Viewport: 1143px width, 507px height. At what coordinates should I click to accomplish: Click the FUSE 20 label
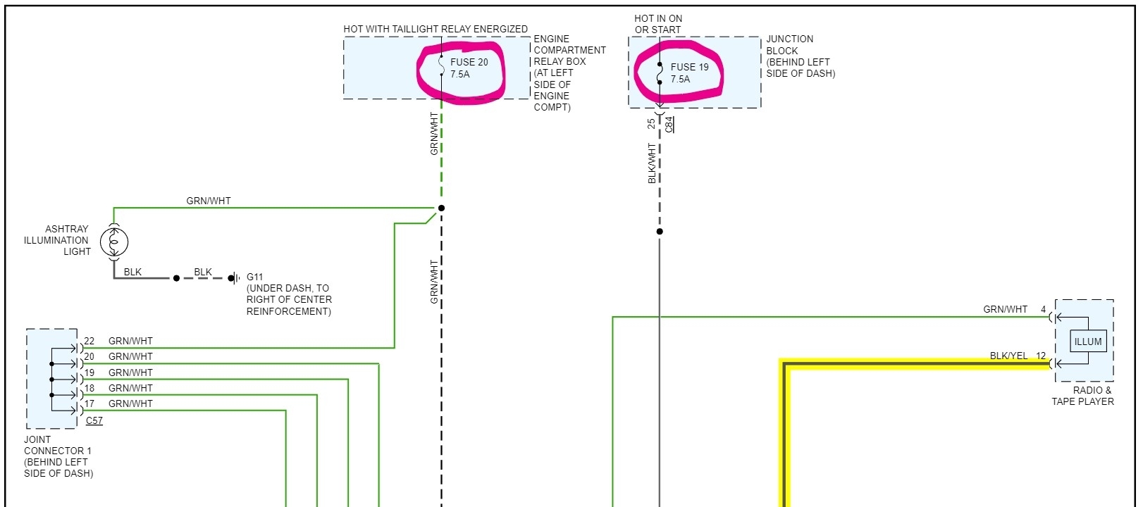click(469, 62)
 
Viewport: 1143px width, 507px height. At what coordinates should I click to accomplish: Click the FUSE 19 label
click(689, 67)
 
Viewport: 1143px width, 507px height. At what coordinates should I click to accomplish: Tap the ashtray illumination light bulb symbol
click(113, 242)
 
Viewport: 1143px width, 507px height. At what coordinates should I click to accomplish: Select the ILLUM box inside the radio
click(1087, 342)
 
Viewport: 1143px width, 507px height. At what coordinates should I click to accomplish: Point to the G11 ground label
click(254, 277)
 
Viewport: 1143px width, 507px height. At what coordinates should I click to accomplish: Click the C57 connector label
click(94, 420)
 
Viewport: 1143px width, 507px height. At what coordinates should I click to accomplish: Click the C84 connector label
click(669, 125)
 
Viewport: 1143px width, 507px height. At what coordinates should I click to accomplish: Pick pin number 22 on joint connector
click(89, 341)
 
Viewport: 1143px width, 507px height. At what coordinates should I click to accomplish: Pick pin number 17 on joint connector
click(89, 403)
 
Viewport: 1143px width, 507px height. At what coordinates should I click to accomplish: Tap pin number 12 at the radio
click(1041, 356)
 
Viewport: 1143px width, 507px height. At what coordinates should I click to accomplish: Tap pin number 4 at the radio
click(1043, 309)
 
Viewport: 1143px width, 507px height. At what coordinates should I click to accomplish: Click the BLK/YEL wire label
click(1008, 356)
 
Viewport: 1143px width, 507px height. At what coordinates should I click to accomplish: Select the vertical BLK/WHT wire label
click(652, 163)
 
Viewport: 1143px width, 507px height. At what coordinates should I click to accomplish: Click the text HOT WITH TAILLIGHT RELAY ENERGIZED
click(435, 29)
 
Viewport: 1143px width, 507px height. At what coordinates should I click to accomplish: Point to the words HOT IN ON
click(658, 18)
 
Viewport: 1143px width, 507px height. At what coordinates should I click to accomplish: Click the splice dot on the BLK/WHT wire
click(660, 232)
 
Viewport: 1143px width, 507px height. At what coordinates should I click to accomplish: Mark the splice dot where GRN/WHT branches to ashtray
click(442, 208)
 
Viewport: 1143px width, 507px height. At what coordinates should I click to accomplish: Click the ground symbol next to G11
click(233, 278)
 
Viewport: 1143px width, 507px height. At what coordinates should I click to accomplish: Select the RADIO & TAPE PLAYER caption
click(1082, 396)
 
